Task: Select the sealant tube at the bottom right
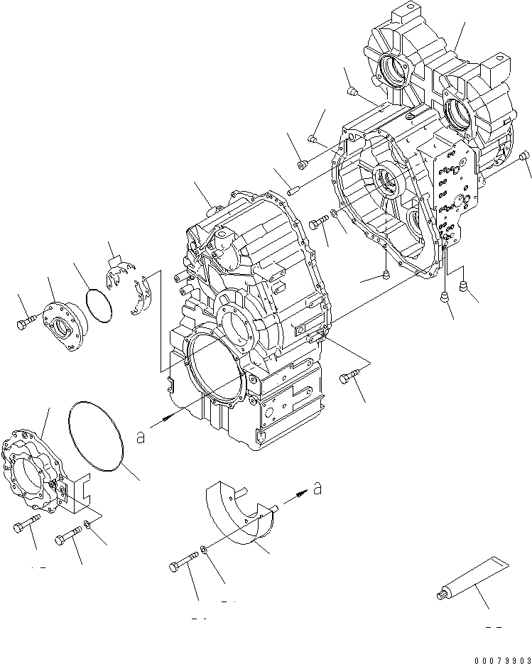(469, 576)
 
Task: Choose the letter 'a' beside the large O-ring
(141, 438)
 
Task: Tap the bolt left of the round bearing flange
(23, 324)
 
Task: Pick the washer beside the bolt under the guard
(204, 548)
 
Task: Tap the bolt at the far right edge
(524, 156)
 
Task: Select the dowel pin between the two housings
(295, 189)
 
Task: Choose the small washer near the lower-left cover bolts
(86, 524)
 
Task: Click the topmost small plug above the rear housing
(352, 91)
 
